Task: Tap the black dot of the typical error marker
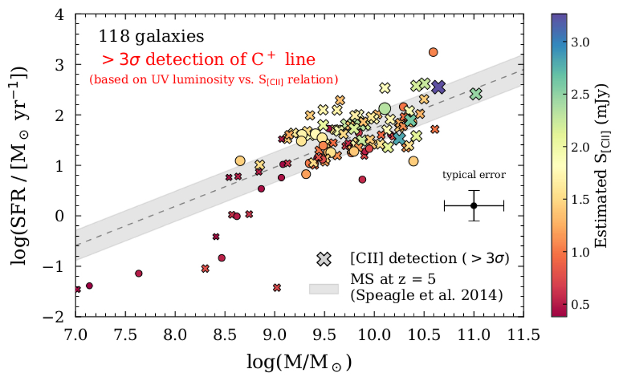tap(474, 206)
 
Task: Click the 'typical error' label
tap(474, 175)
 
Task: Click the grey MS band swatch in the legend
tap(323, 289)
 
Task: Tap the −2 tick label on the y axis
tap(62, 317)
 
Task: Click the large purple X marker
tap(438, 87)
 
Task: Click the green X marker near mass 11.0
tap(476, 94)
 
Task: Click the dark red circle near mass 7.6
tap(138, 273)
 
